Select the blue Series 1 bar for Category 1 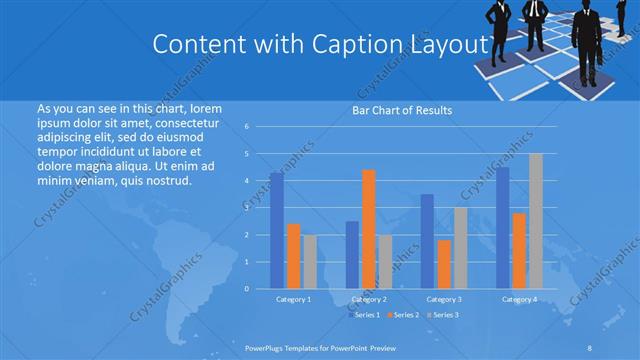(x=276, y=230)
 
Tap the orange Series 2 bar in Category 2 (x=368, y=229)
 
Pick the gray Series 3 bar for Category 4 (x=536, y=221)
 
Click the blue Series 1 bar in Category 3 (x=427, y=241)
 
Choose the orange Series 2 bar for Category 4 (x=519, y=250)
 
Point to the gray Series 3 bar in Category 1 (x=309, y=261)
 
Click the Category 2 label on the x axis (x=369, y=299)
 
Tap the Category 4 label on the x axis (x=519, y=299)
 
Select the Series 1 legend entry (x=365, y=315)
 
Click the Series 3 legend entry (x=443, y=315)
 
